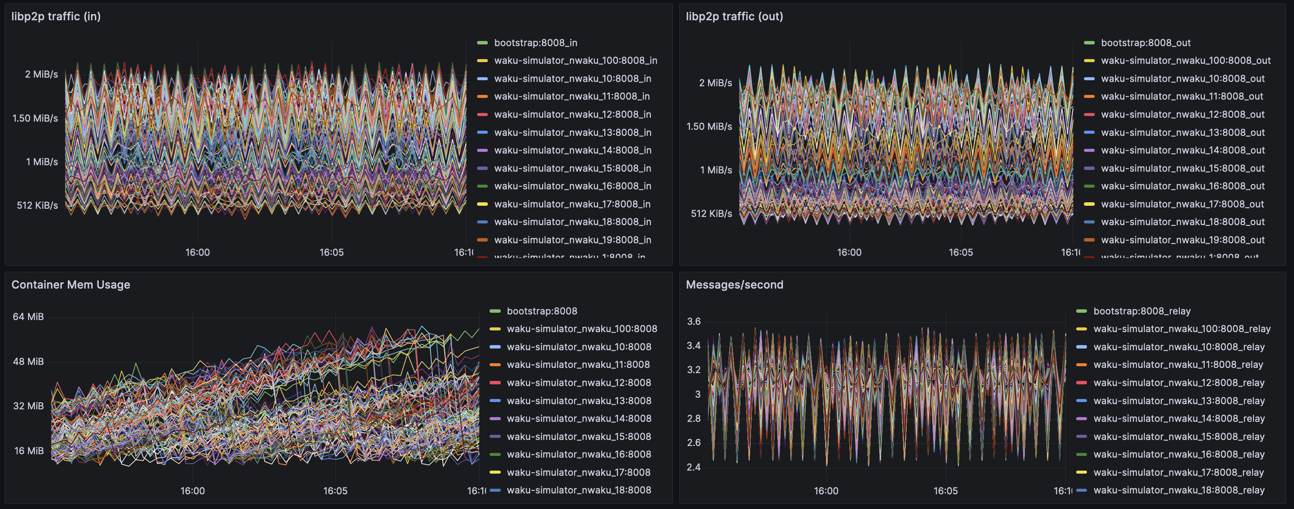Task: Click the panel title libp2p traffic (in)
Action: pos(56,16)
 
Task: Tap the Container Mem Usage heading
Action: pos(70,285)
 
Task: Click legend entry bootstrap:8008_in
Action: pos(535,43)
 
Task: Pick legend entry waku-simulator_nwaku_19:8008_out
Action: pos(1182,240)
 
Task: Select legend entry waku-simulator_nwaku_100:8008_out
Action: pos(1185,60)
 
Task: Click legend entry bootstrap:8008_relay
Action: pos(1141,311)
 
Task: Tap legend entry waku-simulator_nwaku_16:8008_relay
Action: pos(1178,454)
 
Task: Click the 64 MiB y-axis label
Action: pos(28,317)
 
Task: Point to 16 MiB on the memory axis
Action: pos(28,451)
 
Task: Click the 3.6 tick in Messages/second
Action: pos(693,322)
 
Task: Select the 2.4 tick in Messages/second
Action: pos(693,467)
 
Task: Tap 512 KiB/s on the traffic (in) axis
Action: pos(37,205)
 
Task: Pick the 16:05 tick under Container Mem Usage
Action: pos(335,491)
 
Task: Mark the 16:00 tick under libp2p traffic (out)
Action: pos(849,252)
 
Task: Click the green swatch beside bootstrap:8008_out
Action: pos(1089,43)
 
